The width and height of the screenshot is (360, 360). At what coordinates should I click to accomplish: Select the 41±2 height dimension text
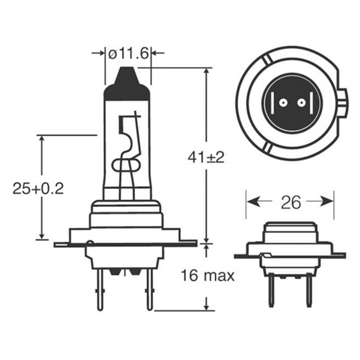[x=206, y=157]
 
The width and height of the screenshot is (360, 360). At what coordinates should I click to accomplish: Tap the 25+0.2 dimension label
[x=38, y=189]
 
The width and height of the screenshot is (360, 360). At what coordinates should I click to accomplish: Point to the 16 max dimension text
[x=208, y=276]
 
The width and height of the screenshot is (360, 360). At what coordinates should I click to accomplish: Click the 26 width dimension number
[x=291, y=202]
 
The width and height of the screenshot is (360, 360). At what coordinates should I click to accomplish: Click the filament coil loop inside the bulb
[x=126, y=164]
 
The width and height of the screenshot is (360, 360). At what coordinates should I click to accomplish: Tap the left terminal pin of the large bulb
[x=100, y=290]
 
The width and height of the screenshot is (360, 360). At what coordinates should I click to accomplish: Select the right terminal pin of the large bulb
[x=150, y=290]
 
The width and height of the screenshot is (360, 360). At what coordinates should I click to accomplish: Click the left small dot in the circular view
[x=283, y=103]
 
